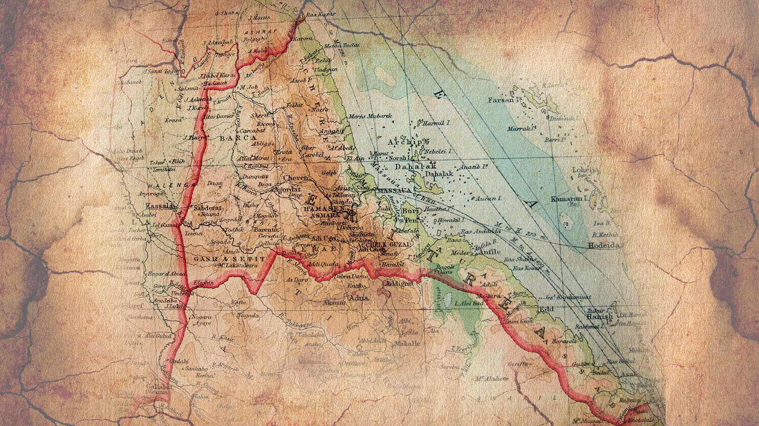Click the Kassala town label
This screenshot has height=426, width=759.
(x=157, y=206)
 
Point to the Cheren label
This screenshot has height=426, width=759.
(x=295, y=178)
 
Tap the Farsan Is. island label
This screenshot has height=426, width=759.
(x=503, y=100)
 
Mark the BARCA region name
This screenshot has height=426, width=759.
(x=238, y=138)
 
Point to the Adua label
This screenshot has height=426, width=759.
(x=357, y=298)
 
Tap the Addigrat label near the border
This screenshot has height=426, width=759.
(x=399, y=283)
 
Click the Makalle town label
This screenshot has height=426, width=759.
(x=407, y=343)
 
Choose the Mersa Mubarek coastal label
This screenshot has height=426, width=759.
(x=370, y=116)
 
